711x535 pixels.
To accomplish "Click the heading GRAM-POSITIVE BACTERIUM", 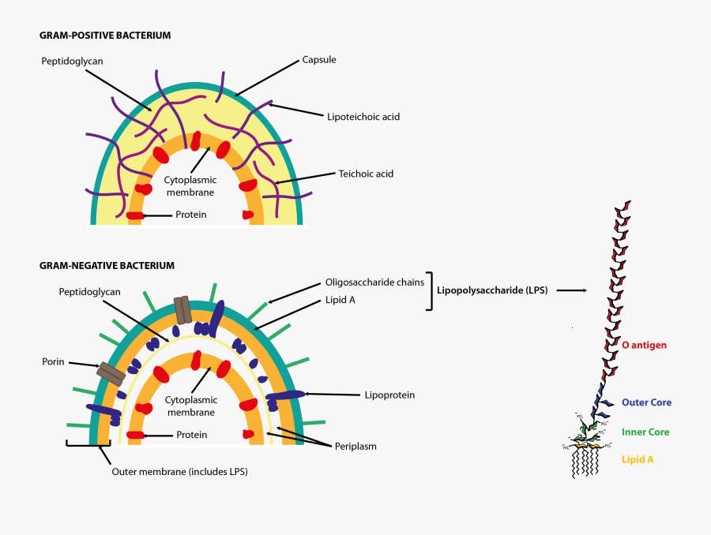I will (105, 36).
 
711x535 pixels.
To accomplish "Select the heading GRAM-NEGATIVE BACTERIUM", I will (107, 266).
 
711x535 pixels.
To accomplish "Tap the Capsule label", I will (319, 59).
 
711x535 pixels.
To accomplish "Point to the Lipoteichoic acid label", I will (363, 117).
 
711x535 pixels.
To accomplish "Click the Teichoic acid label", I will (366, 174).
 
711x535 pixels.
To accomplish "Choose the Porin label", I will (53, 362).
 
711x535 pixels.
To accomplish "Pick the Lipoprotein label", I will (389, 395).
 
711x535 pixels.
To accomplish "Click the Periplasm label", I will (354, 446).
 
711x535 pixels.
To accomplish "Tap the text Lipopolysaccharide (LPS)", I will (493, 290).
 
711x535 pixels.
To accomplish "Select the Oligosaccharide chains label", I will (374, 282).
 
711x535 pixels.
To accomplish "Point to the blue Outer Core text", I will (646, 402).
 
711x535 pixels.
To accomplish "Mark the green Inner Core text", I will (645, 432).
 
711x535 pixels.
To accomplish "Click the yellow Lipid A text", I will (638, 458).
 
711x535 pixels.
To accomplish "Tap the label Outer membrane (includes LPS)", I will (185, 472).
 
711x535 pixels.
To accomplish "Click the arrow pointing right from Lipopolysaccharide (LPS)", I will (571, 290).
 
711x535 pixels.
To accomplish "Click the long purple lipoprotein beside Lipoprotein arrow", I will (285, 395).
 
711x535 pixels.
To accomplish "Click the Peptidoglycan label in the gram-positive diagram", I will (72, 60).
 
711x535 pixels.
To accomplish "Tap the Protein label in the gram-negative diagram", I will (192, 435).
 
